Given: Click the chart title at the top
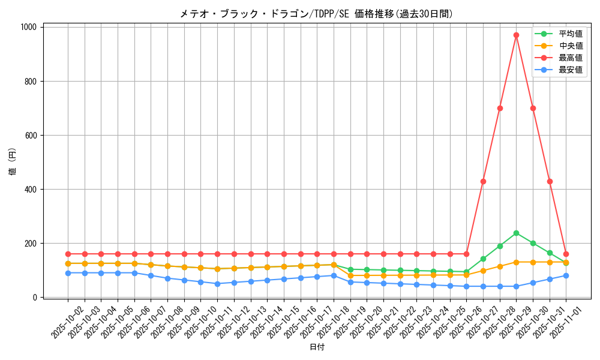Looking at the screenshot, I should click(x=316, y=14).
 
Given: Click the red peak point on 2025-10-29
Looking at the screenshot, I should click(x=516, y=35).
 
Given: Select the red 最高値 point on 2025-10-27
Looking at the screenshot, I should click(x=483, y=181).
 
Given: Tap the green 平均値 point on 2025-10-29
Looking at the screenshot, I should click(x=516, y=233).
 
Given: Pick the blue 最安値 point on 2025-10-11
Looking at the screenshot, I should click(x=217, y=284).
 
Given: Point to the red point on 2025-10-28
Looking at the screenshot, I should click(x=500, y=108).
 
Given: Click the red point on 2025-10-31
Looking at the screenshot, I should click(x=550, y=181).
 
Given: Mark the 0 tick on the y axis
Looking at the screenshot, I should click(x=36, y=298).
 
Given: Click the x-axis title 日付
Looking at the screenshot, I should click(x=317, y=347).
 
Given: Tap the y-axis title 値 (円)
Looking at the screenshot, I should click(x=13, y=162).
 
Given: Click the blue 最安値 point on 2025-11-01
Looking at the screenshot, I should click(x=566, y=275).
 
